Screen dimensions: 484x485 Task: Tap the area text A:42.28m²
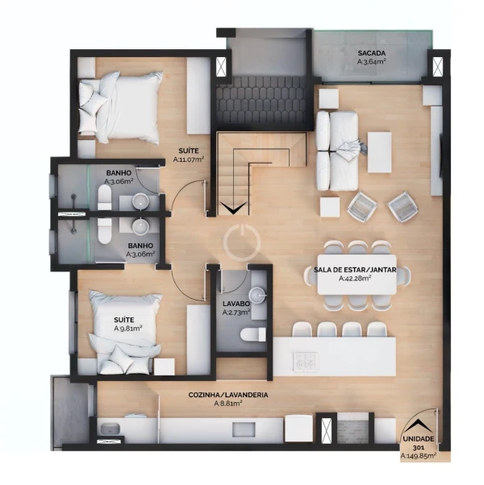coord(355,279)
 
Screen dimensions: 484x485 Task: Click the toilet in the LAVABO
coord(253,335)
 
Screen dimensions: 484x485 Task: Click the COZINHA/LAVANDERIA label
coord(228,395)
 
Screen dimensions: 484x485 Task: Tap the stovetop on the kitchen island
coord(306,362)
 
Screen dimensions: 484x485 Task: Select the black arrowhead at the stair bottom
coord(233,208)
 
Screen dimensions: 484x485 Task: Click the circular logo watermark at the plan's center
coord(242,242)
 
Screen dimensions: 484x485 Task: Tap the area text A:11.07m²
coord(188,160)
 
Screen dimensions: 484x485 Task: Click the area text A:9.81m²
coord(128,328)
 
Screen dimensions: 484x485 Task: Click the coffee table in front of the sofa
coord(379,152)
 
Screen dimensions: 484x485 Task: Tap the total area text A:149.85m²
coord(419,456)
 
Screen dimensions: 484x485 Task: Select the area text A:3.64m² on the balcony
coord(372,61)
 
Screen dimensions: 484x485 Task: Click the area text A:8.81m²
coord(228,404)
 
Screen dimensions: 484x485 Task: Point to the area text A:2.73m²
coord(236,313)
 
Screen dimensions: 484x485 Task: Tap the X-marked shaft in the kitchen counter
coord(327,430)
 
